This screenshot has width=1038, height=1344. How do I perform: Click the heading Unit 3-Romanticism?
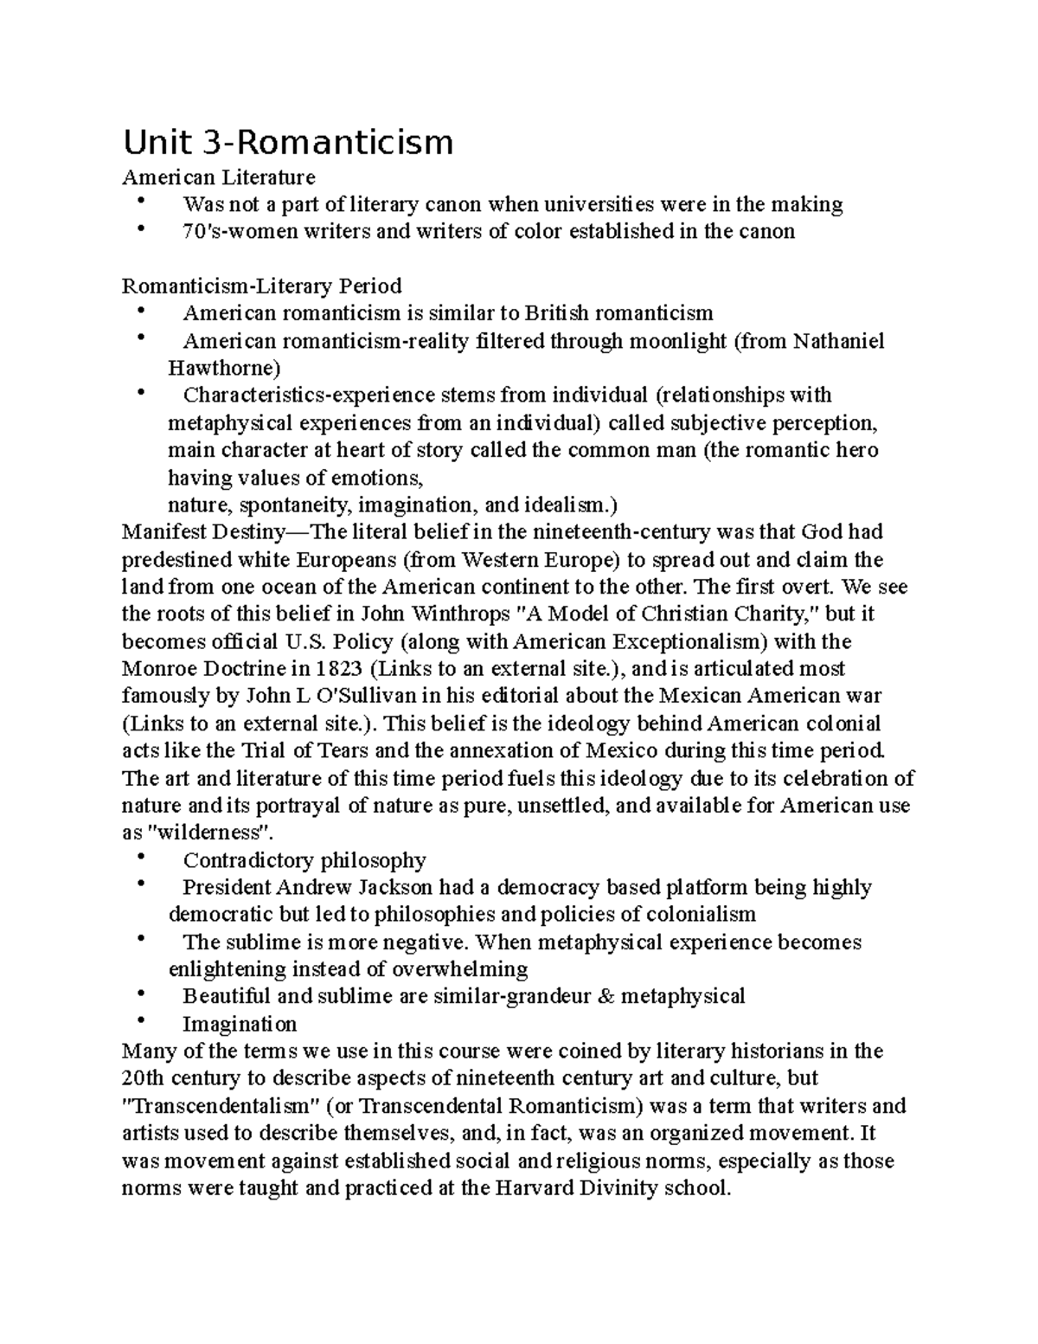point(288,142)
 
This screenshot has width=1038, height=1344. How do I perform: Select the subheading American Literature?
point(219,177)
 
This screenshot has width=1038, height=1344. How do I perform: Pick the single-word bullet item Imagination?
point(240,1024)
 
